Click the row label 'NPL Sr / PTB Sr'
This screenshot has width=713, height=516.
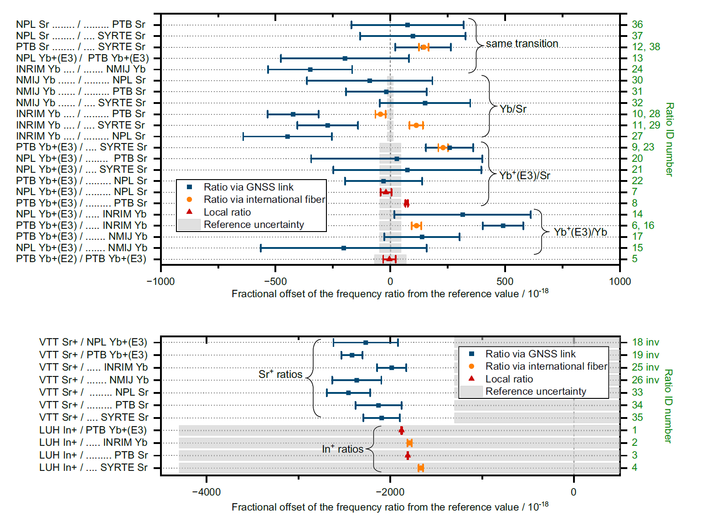tap(81, 25)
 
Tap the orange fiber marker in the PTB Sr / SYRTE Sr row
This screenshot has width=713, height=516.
tap(424, 47)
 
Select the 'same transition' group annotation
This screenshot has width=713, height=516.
tap(522, 44)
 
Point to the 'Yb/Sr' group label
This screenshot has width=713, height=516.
tap(513, 109)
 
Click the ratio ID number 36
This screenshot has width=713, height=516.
tap(637, 25)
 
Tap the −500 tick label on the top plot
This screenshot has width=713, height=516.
tap(275, 282)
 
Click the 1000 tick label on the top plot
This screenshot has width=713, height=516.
tap(620, 282)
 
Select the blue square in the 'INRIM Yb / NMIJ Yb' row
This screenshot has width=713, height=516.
tap(310, 69)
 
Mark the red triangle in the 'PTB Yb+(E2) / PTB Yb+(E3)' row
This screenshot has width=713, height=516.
tap(389, 259)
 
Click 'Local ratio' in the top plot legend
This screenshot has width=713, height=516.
tap(227, 212)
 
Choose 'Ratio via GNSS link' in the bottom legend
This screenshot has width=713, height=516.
tap(530, 354)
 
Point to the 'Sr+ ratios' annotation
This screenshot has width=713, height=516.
tap(280, 375)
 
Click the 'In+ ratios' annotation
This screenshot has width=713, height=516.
tap(342, 449)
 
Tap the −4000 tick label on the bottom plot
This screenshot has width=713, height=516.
tap(206, 492)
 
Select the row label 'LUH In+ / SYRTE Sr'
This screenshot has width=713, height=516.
tap(93, 468)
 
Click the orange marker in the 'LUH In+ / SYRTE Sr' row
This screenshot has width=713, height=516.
tap(420, 468)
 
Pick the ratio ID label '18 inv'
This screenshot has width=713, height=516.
tap(646, 342)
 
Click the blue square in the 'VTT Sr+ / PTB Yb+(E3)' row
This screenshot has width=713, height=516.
tap(352, 355)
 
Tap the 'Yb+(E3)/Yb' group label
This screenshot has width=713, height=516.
tap(580, 232)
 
